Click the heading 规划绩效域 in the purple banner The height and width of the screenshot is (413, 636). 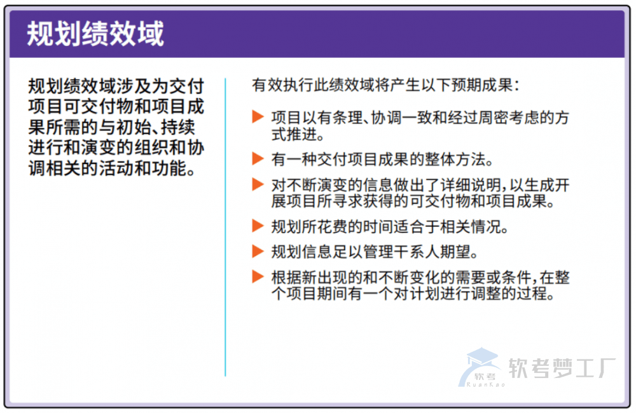point(95,34)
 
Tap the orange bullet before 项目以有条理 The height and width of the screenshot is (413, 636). point(258,117)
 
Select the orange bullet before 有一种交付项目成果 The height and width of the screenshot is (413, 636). point(258,158)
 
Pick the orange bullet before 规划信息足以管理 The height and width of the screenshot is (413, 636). point(258,251)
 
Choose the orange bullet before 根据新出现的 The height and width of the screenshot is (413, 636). point(258,277)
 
